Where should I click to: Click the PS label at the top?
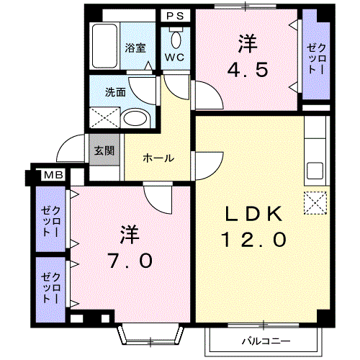click(175, 16)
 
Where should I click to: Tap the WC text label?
click(174, 58)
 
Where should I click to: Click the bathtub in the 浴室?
click(105, 45)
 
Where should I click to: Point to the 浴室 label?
click(135, 48)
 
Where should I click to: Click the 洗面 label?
click(115, 92)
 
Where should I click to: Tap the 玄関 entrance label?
click(104, 150)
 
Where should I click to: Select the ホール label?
click(158, 158)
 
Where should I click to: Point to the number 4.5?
click(248, 70)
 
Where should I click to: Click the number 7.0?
click(131, 261)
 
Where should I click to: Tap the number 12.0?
click(253, 239)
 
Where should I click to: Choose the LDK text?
click(253, 214)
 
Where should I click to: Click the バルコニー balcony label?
click(266, 341)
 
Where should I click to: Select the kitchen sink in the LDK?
click(315, 171)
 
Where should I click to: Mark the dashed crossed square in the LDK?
click(315, 203)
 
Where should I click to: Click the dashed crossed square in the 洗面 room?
click(104, 117)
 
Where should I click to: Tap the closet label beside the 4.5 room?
click(316, 59)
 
